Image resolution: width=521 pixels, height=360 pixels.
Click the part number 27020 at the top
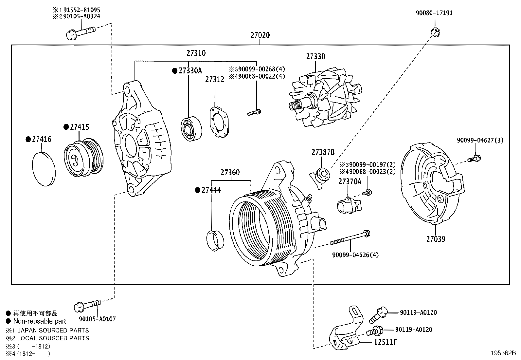pos(260,35)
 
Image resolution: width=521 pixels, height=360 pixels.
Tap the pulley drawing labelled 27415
pos(84,158)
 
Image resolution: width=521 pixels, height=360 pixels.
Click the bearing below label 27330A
pos(191,128)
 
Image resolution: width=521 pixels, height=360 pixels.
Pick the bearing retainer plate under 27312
pos(219,122)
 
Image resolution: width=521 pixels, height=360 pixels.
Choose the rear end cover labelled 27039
pos(433,184)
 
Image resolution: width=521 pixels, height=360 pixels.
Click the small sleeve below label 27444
pos(215,241)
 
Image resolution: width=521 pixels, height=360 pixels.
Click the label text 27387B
pos(323,152)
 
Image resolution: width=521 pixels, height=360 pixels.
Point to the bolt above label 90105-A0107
pos(87,306)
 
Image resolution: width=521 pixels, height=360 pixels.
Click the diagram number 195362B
pos(503,353)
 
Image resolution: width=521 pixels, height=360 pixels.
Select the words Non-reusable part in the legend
pos(40,321)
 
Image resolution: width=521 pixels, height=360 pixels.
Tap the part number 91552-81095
pos(81,10)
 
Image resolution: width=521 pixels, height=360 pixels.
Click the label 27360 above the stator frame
pos(230,173)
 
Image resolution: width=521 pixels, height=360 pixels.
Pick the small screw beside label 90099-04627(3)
pos(474,159)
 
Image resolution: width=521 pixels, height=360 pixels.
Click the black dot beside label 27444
pos(198,190)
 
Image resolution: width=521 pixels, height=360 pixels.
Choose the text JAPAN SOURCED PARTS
pos(53,331)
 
